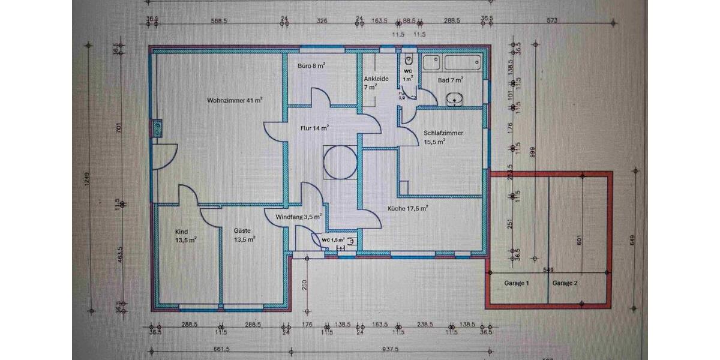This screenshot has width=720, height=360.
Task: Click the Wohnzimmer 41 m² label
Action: pos(235,100)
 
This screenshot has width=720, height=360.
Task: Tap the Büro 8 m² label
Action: pos(311,65)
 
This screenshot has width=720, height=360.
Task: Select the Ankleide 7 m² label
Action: pos(376,83)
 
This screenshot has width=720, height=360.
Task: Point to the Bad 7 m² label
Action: pos(450,80)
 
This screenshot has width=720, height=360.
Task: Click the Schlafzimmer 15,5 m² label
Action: pos(442,137)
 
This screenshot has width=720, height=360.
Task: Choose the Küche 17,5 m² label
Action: pos(408,209)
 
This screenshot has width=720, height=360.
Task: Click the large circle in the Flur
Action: pos(339,161)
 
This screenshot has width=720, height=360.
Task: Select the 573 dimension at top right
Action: pos(551,20)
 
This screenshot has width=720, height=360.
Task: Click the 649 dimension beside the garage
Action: pos(632,239)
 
